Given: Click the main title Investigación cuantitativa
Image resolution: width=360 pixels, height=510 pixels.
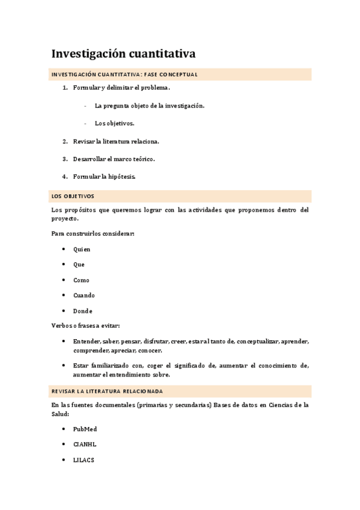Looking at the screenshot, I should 123,54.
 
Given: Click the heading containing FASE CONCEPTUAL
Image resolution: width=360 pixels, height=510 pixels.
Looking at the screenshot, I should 124,75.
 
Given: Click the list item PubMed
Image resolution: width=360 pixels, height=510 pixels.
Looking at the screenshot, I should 85,429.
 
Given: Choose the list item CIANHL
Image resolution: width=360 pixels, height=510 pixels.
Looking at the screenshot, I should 85,444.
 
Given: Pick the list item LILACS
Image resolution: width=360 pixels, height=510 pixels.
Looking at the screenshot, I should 84,460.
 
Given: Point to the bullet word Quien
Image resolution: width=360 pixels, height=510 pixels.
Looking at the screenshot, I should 82,249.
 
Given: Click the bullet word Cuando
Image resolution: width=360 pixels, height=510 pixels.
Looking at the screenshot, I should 84,295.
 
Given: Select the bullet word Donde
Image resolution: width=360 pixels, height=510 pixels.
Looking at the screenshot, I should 83,311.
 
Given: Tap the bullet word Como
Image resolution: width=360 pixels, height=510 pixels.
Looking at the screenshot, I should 81,280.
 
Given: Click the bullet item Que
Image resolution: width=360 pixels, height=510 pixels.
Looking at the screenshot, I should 79,265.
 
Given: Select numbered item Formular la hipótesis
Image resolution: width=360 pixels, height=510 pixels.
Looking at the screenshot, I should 104,177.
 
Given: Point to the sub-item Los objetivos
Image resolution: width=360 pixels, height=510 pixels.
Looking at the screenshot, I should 114,123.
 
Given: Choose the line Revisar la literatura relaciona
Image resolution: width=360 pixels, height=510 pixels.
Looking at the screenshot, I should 116,142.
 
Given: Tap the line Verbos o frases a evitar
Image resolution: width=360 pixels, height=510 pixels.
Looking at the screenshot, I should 86,326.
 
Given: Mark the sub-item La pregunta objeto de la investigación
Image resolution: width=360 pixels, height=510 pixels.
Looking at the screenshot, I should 150,106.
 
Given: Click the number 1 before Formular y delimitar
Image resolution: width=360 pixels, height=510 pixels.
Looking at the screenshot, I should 65,88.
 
